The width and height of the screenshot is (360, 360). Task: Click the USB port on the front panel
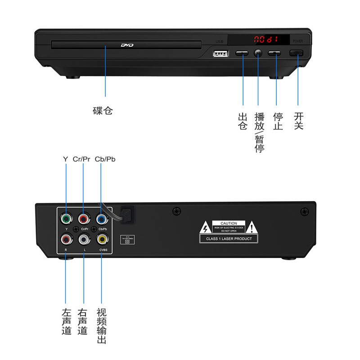click(x=220, y=53)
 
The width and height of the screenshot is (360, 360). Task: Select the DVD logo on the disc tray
click(x=127, y=45)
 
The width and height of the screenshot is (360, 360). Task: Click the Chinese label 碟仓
click(x=103, y=110)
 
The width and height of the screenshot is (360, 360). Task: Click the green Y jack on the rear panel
click(x=66, y=219)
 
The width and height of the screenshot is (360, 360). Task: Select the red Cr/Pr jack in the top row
click(x=83, y=219)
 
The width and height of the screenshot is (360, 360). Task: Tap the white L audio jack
click(x=84, y=238)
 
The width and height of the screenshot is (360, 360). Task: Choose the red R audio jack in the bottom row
click(x=66, y=238)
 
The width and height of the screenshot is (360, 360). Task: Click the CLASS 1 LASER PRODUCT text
click(x=229, y=238)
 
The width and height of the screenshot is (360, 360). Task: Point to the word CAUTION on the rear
click(x=229, y=223)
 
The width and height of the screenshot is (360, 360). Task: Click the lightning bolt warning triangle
click(x=205, y=227)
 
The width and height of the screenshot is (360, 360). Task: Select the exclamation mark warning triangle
click(x=252, y=227)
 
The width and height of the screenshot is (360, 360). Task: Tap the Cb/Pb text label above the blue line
click(x=105, y=160)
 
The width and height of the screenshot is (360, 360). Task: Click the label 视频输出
click(x=102, y=326)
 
